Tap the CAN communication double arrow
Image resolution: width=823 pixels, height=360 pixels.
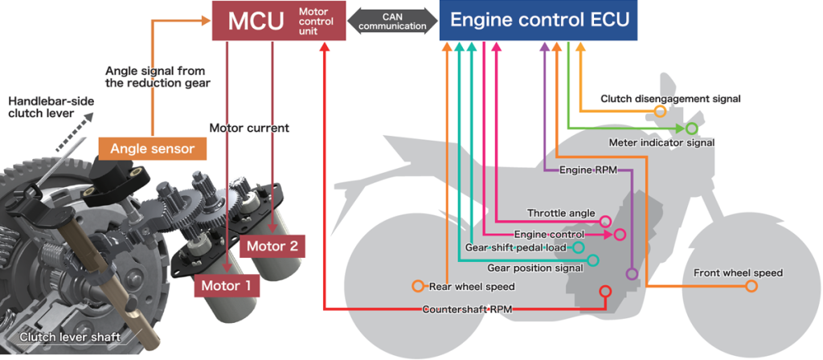point(393,22)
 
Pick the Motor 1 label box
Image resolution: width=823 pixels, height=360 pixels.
point(226,284)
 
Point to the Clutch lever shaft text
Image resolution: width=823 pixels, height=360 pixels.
point(69,337)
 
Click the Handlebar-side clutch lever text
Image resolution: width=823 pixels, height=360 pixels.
point(43,107)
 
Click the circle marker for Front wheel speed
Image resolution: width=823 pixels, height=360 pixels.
point(751,286)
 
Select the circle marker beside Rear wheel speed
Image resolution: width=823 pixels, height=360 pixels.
point(417,286)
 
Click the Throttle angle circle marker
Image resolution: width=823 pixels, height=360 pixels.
point(605,221)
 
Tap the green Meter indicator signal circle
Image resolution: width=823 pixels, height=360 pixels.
point(691,128)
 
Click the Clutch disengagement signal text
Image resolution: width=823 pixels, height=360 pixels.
point(670,99)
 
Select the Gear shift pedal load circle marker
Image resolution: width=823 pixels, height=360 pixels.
point(579,247)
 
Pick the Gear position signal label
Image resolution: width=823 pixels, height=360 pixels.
point(536,268)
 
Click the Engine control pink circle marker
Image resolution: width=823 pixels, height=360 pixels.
point(619,235)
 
